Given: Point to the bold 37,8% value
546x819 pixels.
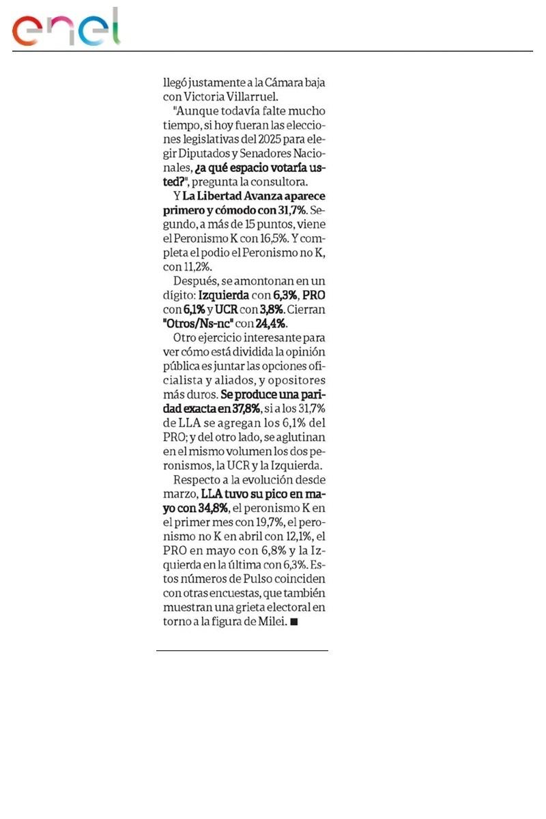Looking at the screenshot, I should coord(244,409).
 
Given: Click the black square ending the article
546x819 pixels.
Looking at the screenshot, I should coord(293,622).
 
